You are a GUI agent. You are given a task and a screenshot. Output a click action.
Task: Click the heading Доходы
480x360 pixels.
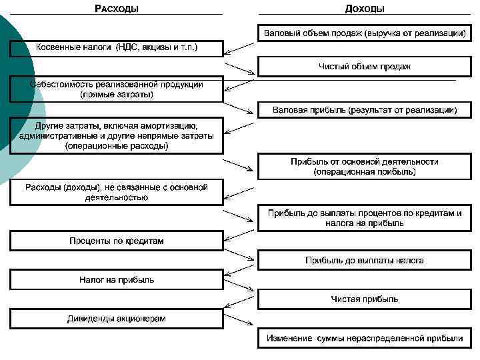[364, 9]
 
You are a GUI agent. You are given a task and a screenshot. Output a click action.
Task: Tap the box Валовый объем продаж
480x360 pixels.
[364, 32]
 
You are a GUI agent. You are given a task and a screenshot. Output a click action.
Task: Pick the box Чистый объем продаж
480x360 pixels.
[364, 66]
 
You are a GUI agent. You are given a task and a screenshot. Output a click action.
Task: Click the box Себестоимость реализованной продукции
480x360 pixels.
[116, 89]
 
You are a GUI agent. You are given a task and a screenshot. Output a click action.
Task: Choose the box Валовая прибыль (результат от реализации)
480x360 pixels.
[364, 109]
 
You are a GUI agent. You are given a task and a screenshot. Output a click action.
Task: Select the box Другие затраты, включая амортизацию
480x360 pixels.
[116, 135]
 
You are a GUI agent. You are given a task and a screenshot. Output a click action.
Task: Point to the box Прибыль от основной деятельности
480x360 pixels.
[364, 167]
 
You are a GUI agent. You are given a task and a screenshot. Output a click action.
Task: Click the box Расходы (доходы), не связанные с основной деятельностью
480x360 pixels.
[116, 192]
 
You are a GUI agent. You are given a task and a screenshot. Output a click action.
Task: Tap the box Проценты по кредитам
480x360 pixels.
[116, 241]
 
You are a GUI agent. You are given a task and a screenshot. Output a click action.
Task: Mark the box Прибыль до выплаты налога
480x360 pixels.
[364, 260]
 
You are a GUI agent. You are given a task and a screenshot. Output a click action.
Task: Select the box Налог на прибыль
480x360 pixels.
[116, 279]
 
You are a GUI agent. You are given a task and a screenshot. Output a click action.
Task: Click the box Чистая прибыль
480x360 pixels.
[364, 299]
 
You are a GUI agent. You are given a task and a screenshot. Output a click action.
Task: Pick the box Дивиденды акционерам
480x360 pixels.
[116, 318]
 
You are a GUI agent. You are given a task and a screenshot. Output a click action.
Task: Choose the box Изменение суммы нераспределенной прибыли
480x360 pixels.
[364, 339]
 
